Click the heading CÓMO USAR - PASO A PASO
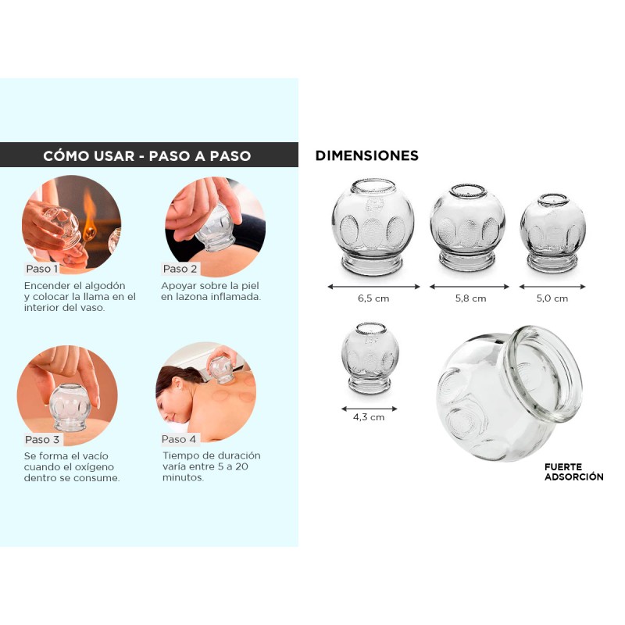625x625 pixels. click(147, 155)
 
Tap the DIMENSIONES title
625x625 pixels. click(366, 155)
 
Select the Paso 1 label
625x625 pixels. click(42, 269)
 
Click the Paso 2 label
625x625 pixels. click(180, 269)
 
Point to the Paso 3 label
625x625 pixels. click(42, 439)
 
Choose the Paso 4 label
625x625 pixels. click(179, 439)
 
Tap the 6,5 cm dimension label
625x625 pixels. click(373, 298)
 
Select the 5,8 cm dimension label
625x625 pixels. click(471, 298)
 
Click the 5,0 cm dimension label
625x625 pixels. click(552, 298)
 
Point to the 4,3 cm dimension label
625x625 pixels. click(369, 417)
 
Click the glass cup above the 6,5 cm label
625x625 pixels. click(373, 227)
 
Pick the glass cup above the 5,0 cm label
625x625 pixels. click(553, 233)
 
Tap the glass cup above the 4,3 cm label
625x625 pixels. click(370, 358)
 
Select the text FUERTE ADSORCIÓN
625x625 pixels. click(574, 472)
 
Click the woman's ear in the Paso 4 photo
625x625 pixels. click(178, 384)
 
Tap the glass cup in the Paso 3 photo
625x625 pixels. click(70, 407)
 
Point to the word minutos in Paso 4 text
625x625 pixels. click(183, 477)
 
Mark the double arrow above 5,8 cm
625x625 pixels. click(470, 287)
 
